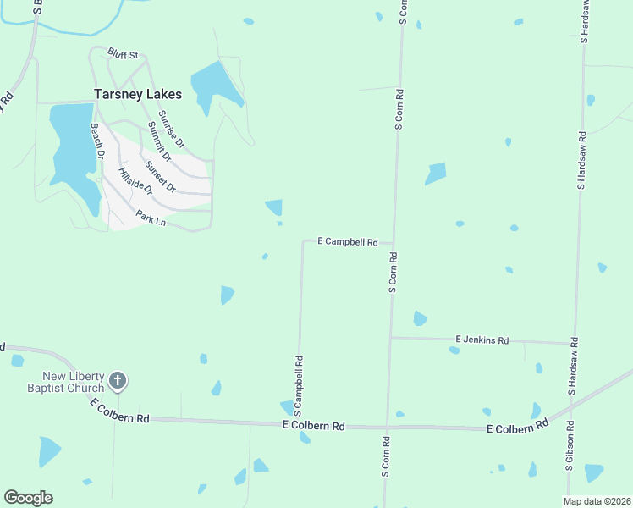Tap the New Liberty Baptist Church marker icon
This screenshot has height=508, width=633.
(118, 382)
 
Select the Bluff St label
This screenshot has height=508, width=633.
(123, 54)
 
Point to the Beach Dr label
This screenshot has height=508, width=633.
(96, 142)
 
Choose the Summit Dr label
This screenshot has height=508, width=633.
(158, 141)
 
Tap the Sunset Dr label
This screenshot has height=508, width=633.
(160, 175)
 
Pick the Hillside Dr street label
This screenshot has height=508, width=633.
(135, 184)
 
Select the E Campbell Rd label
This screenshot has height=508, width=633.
(347, 241)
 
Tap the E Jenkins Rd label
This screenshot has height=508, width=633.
(482, 340)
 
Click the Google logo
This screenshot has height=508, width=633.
(28, 498)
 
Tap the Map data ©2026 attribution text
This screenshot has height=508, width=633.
(597, 501)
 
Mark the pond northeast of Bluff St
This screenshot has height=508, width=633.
(216, 86)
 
